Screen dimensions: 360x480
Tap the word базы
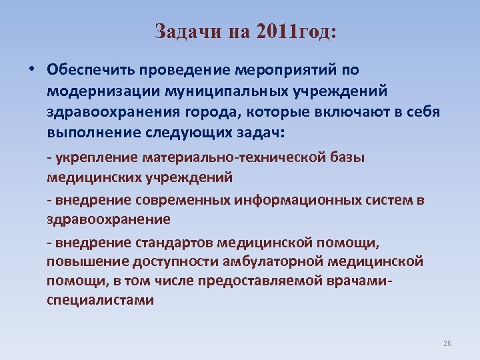click(x=361, y=157)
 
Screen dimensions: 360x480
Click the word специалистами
click(x=100, y=300)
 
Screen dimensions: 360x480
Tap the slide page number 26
click(x=447, y=343)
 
